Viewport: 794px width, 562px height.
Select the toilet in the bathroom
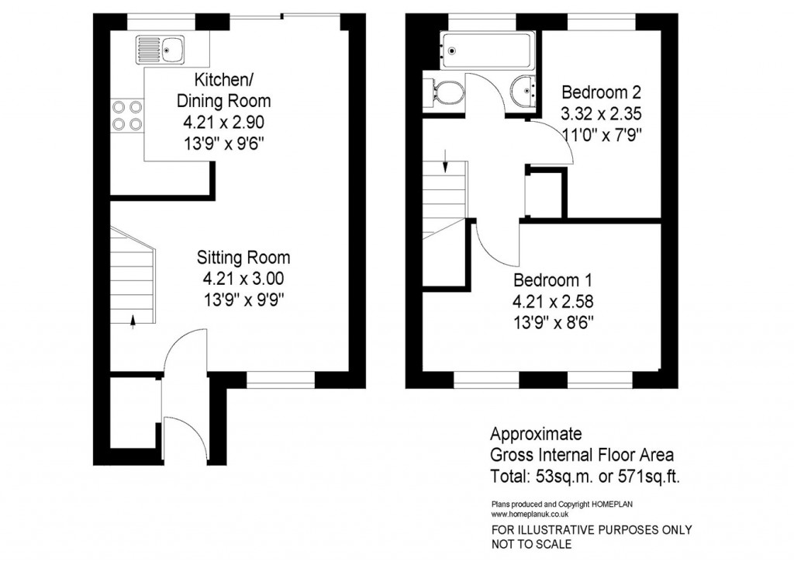pyautogui.click(x=444, y=92)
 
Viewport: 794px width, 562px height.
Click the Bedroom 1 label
pyautogui.click(x=555, y=279)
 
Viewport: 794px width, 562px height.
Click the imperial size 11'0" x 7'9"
pyautogui.click(x=602, y=133)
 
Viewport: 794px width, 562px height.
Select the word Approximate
pyautogui.click(x=537, y=434)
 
